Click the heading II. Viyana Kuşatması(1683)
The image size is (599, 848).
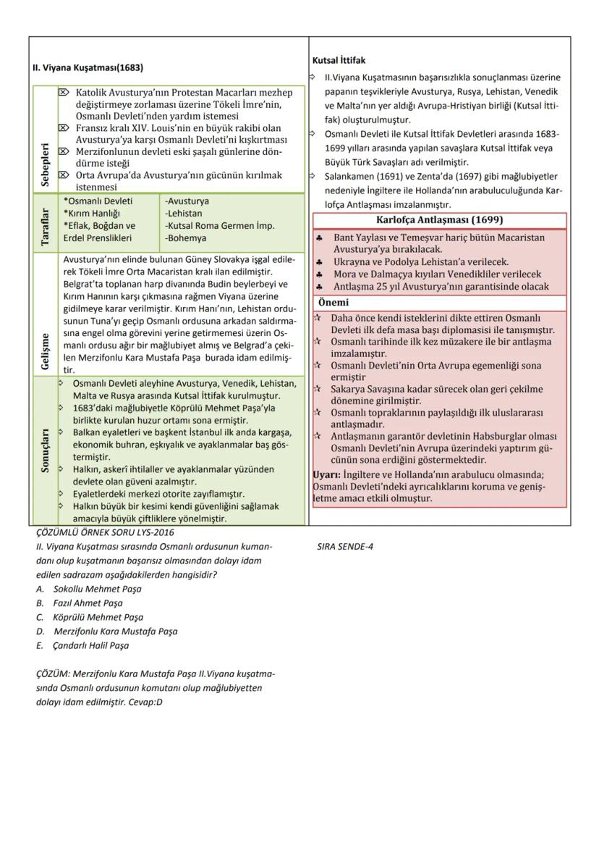[88, 68]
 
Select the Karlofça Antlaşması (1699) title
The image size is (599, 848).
[440, 220]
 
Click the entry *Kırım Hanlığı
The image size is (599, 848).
[92, 213]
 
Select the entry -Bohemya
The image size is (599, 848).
[186, 238]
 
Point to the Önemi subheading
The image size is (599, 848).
[334, 303]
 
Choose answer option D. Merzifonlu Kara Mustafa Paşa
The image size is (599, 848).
[106, 631]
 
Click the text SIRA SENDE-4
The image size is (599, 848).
[345, 547]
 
